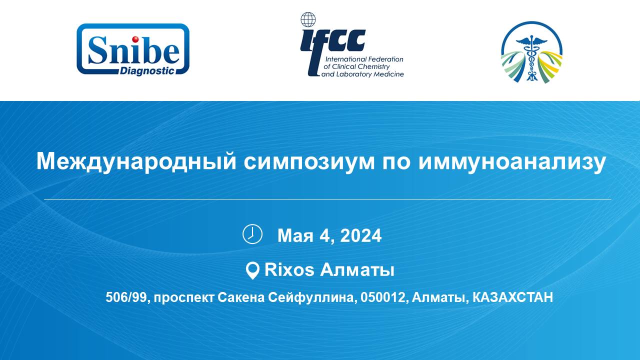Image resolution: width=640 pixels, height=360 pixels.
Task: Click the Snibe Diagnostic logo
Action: click(133, 49)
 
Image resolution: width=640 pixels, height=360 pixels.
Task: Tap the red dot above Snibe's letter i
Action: click(135, 39)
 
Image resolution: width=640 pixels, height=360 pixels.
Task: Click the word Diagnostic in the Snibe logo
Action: click(147, 70)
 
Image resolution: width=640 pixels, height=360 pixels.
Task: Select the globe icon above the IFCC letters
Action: click(308, 19)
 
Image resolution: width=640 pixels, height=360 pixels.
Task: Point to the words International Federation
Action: click(364, 59)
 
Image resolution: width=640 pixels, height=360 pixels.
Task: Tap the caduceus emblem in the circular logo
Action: click(531, 57)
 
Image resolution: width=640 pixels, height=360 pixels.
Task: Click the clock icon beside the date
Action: click(252, 234)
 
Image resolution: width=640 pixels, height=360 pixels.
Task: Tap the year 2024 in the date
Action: click(360, 235)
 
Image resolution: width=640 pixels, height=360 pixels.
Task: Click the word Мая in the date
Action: click(295, 236)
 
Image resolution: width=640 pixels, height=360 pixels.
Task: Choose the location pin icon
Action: click(252, 270)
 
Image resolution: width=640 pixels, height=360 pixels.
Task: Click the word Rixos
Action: click(289, 269)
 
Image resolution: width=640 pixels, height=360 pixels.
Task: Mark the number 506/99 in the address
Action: click(126, 297)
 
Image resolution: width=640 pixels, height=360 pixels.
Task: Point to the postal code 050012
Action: click(382, 297)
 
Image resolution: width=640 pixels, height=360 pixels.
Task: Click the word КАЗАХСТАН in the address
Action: click(513, 297)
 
